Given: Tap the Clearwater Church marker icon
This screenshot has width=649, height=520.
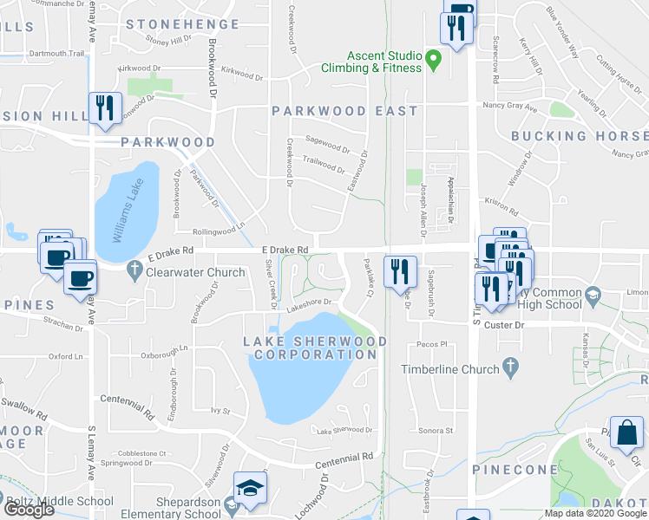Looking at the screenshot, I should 134,271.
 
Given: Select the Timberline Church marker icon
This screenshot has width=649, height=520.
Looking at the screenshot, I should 510,368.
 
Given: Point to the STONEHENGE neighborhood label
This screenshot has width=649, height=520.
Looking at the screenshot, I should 182,24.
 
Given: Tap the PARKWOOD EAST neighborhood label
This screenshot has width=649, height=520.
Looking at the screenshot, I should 344,111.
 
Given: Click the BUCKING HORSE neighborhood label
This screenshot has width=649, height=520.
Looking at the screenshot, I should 579,136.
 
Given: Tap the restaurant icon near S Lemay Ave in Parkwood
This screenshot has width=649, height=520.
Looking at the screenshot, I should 103,107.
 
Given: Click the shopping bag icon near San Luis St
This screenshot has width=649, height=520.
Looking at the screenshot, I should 626,432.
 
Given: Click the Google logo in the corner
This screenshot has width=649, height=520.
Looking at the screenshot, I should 28,510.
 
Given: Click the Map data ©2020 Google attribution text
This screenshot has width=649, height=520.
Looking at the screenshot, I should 595,513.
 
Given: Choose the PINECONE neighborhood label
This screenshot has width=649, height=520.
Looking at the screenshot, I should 515,469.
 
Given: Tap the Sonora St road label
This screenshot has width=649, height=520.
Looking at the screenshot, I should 437,431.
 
